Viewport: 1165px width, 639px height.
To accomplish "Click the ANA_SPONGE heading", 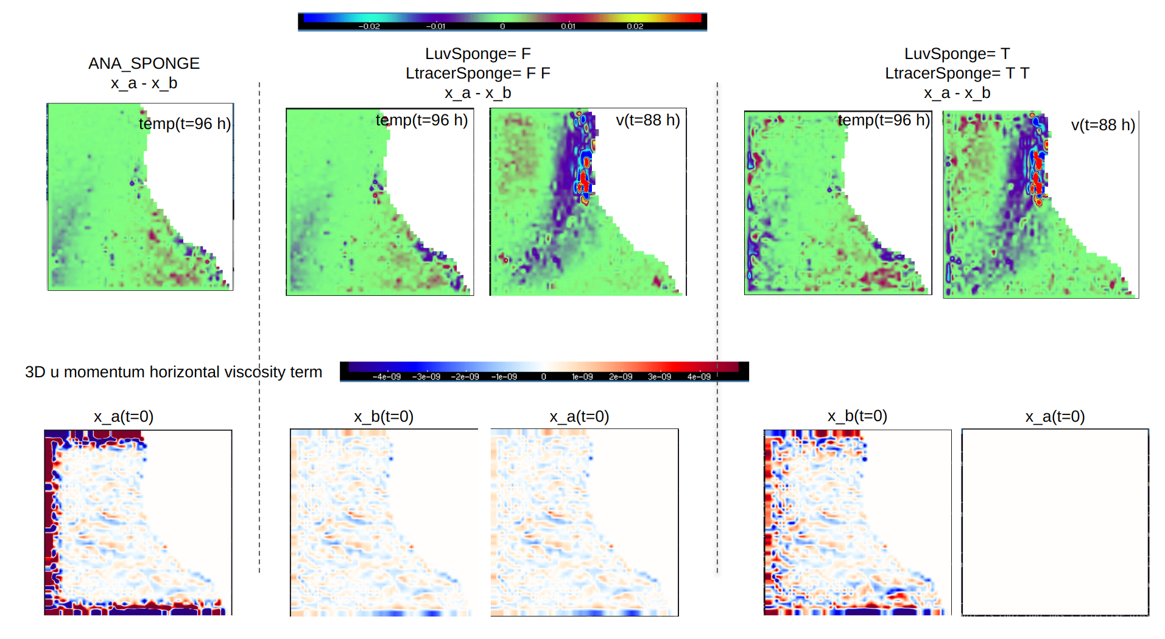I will (144, 63).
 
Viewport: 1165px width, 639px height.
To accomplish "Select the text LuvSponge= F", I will (477, 54).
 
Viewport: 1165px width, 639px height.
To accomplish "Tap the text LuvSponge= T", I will (957, 54).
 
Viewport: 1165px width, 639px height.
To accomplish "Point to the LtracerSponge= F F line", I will (477, 73).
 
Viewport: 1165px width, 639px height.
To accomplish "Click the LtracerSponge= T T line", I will (957, 73).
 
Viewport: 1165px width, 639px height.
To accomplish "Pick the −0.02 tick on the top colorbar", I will (369, 26).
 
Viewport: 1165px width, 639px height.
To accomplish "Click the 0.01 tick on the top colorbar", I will (568, 26).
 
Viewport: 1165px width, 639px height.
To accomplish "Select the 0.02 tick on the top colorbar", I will (635, 26).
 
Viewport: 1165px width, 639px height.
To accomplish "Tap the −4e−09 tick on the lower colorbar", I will (387, 377).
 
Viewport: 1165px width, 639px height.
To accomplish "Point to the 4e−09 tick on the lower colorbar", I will (699, 377).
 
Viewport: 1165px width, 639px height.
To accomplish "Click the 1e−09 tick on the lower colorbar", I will (582, 377).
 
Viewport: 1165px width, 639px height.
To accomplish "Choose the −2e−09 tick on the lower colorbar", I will (465, 377).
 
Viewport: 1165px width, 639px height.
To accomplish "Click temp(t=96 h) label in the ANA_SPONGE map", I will (185, 124).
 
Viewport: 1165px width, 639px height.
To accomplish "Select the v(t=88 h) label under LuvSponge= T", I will (1103, 125).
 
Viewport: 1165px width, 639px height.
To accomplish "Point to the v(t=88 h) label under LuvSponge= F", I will (647, 120).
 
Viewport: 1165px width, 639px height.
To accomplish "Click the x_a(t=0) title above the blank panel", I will (1055, 416).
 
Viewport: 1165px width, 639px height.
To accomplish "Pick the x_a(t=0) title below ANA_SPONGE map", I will (123, 416).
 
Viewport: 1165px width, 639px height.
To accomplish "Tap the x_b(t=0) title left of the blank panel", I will (857, 416).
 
